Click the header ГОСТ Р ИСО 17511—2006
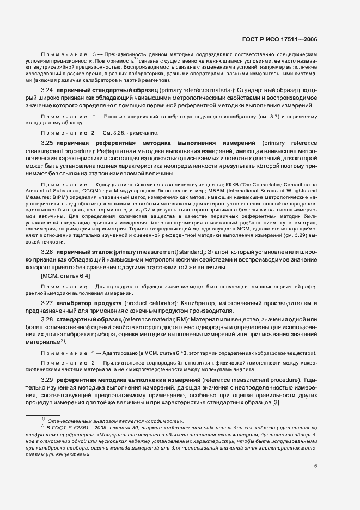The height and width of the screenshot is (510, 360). pyautogui.click(x=286, y=40)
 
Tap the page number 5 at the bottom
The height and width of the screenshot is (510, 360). pyautogui.click(x=315, y=466)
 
